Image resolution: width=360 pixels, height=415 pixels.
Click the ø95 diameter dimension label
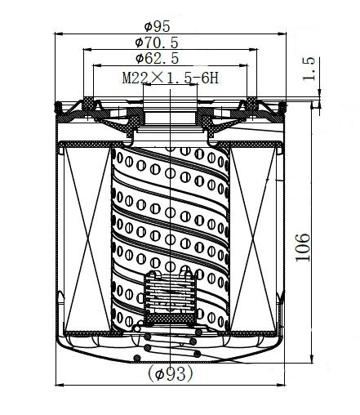[x=157, y=26]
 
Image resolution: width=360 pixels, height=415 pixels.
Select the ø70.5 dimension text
[x=157, y=42]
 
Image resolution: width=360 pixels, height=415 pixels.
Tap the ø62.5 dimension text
[x=157, y=58]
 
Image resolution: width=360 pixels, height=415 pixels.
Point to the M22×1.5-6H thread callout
[x=171, y=78]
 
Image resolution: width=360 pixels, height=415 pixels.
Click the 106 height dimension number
[x=303, y=248]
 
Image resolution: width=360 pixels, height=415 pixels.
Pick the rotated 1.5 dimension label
[x=309, y=69]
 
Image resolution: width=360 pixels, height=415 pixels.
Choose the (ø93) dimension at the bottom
[x=171, y=373]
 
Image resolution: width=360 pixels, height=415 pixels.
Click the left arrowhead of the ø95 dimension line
[x=59, y=33]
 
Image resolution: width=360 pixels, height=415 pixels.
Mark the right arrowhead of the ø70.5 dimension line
[x=253, y=50]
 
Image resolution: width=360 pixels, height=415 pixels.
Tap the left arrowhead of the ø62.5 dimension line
[x=97, y=65]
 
